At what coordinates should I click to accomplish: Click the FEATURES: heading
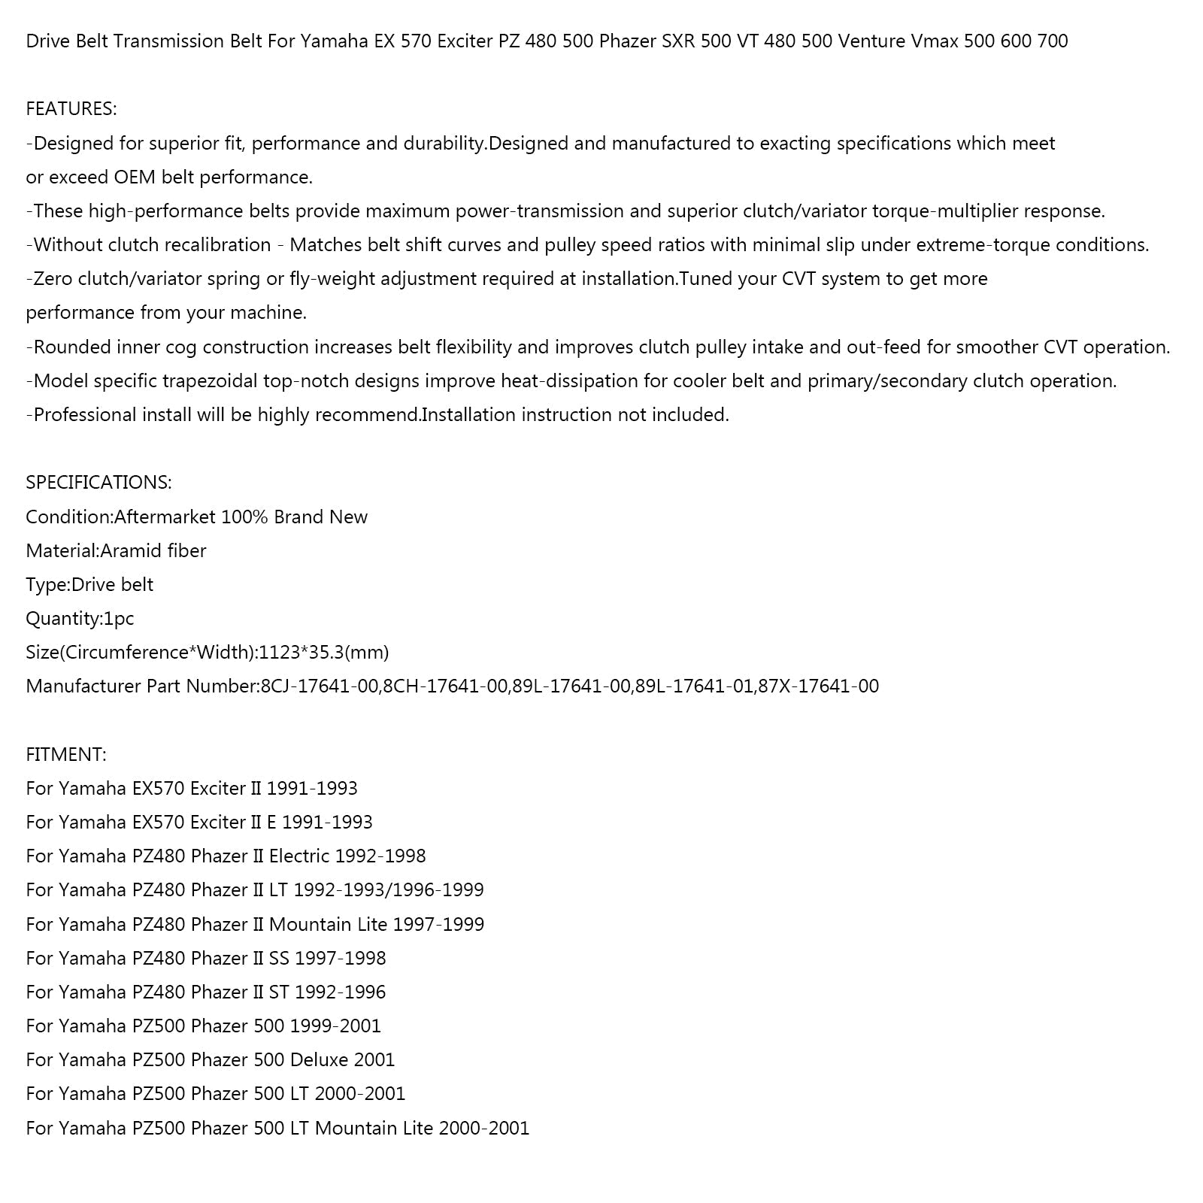[71, 109]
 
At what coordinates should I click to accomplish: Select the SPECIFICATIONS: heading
[98, 483]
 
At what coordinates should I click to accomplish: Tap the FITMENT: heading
[66, 754]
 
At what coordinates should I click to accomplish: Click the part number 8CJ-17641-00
[319, 686]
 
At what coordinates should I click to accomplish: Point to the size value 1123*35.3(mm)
[324, 653]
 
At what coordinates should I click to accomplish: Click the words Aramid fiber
[153, 551]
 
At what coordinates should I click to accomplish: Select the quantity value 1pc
[118, 619]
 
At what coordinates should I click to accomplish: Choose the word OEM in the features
[134, 177]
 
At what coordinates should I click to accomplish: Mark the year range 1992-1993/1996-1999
[389, 890]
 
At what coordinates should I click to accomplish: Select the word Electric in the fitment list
[299, 856]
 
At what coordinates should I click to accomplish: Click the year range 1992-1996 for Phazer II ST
[340, 992]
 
